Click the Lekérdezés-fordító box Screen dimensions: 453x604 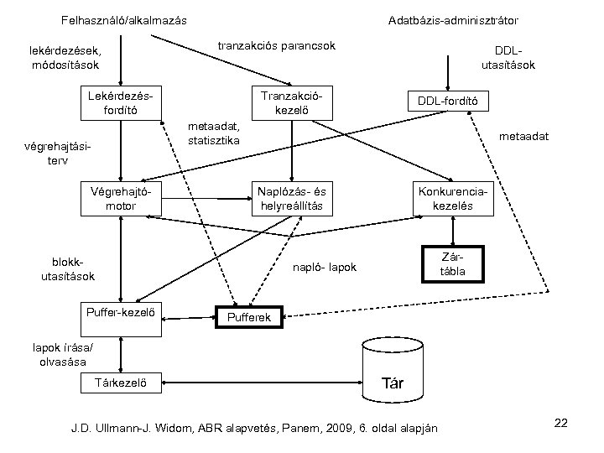pyautogui.click(x=121, y=102)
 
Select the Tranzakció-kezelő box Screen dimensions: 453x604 pyautogui.click(x=291, y=102)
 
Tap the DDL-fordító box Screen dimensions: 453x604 pyautogui.click(x=447, y=102)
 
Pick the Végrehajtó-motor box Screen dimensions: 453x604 pyautogui.click(x=121, y=198)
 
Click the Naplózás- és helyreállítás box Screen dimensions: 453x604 pyautogui.click(x=291, y=198)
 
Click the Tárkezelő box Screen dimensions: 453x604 pyautogui.click(x=121, y=384)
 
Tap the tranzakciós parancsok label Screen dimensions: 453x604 pyautogui.click(x=276, y=44)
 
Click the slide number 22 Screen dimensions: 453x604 pyautogui.click(x=561, y=424)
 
